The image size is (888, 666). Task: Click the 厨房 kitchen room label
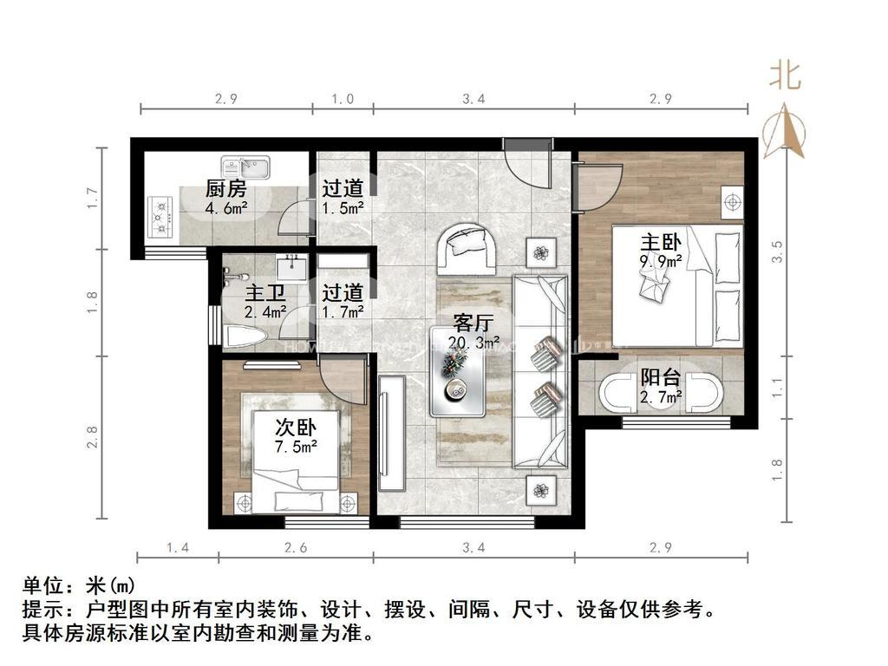point(225,188)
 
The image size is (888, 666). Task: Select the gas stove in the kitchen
point(162,217)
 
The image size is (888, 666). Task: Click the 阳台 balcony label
point(660,377)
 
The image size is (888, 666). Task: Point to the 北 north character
point(785,76)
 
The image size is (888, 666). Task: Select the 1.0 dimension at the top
point(343,99)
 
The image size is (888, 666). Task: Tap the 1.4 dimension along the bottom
point(178,548)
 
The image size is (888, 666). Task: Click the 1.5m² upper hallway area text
point(342,208)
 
